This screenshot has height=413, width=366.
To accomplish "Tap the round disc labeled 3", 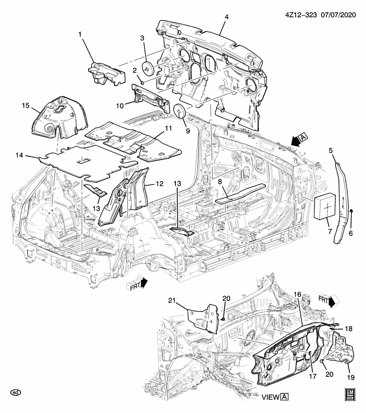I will [x=148, y=68].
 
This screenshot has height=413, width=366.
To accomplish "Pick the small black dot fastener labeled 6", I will [x=351, y=210].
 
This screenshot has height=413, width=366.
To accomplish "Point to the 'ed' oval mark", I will [x=15, y=392].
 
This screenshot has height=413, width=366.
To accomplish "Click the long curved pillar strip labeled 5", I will [x=342, y=202].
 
